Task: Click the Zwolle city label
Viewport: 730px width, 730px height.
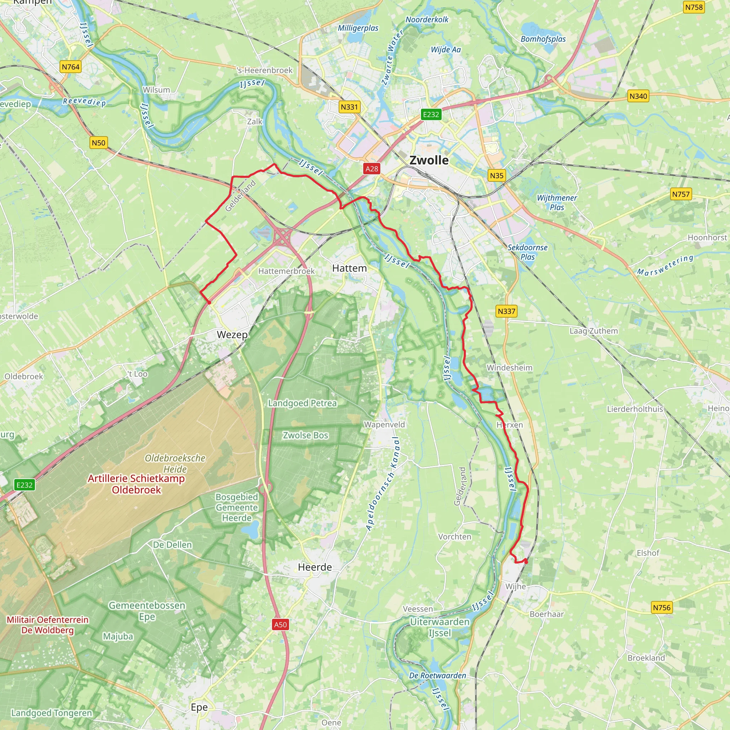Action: pyautogui.click(x=429, y=160)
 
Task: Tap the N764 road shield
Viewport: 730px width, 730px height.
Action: pyautogui.click(x=71, y=67)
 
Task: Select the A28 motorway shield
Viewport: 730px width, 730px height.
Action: pyautogui.click(x=371, y=169)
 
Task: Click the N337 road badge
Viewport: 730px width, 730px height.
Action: pyautogui.click(x=506, y=311)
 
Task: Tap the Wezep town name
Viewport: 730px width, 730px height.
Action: pyautogui.click(x=232, y=334)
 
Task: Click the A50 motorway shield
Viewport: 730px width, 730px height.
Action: pyautogui.click(x=281, y=624)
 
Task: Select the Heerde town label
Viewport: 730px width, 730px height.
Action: pyautogui.click(x=315, y=567)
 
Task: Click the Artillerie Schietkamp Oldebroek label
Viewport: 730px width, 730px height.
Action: pyautogui.click(x=136, y=484)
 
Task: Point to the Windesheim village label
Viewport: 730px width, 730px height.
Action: pyautogui.click(x=509, y=367)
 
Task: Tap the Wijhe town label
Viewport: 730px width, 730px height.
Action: pyautogui.click(x=515, y=586)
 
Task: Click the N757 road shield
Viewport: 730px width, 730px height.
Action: pyautogui.click(x=680, y=194)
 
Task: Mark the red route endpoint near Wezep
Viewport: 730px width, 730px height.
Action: pyautogui.click(x=209, y=303)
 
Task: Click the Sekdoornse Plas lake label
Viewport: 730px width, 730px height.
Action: pyautogui.click(x=527, y=252)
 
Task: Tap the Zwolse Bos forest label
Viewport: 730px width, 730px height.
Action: pyautogui.click(x=305, y=435)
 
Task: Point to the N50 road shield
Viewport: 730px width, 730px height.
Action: pyautogui.click(x=99, y=143)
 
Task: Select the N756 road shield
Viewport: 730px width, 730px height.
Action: pyautogui.click(x=661, y=608)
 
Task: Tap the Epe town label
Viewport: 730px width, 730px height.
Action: pyautogui.click(x=199, y=707)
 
